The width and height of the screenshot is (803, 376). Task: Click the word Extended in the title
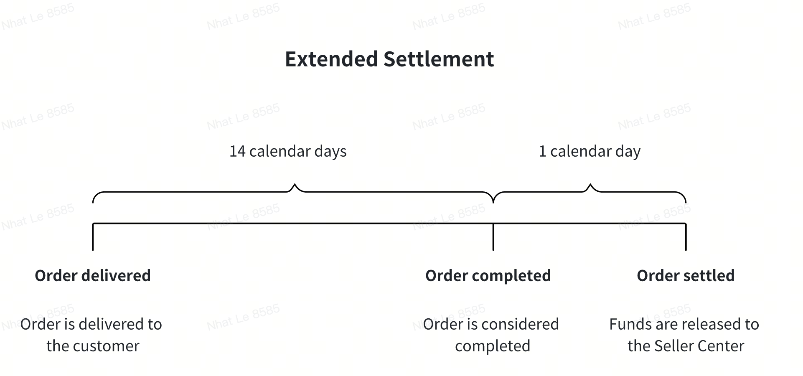331,59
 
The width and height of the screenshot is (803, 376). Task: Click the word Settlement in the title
439,59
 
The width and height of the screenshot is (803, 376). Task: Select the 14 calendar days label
288,151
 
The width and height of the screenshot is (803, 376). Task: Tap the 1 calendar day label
590,151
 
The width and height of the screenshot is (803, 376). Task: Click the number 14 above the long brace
237,151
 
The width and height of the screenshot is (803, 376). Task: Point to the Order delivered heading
93,276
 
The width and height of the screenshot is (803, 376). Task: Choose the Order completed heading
488,276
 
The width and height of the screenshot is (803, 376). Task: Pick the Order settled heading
686,276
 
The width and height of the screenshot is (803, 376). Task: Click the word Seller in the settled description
673,346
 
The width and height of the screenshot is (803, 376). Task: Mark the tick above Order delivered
93,237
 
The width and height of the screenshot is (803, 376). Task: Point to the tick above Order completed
493,237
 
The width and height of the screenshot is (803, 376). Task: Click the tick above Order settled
686,237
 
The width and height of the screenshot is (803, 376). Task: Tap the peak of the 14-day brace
295,184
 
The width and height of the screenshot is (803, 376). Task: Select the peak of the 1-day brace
590,184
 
